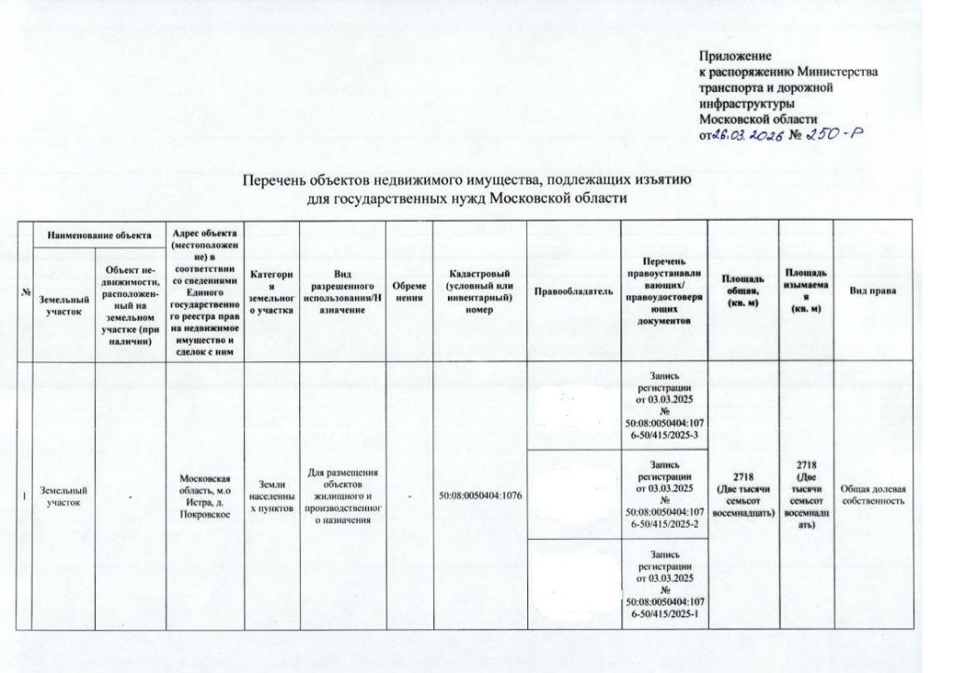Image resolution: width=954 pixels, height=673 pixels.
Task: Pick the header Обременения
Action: click(410, 291)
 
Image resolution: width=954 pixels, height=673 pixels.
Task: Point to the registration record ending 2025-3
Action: click(664, 405)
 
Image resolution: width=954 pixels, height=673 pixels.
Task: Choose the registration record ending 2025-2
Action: click(664, 493)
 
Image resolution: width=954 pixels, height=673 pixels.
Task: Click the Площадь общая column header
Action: click(743, 291)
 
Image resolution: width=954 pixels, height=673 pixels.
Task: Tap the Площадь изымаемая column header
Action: click(807, 291)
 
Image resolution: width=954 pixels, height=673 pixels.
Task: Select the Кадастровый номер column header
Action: click(479, 291)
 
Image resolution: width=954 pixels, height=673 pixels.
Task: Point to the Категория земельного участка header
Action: click(272, 291)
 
